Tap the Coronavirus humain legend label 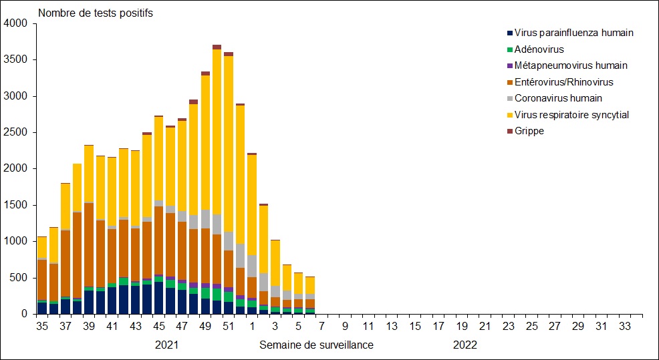558,98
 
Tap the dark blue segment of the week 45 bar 159,298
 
